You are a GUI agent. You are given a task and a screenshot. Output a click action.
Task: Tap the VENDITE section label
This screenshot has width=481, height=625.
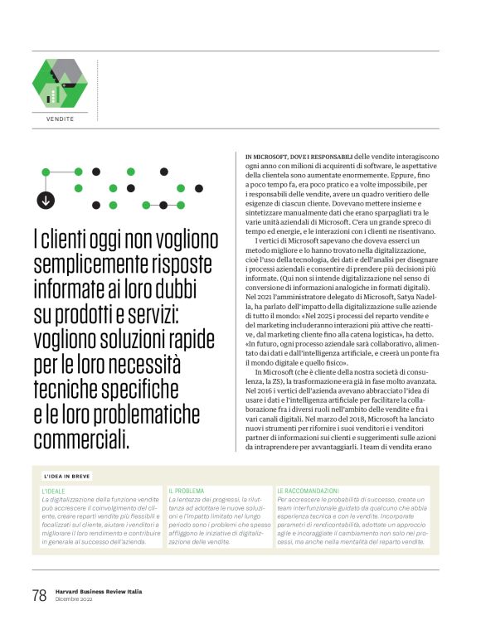60,119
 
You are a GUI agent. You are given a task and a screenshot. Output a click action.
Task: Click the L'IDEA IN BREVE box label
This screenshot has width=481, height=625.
67,477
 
